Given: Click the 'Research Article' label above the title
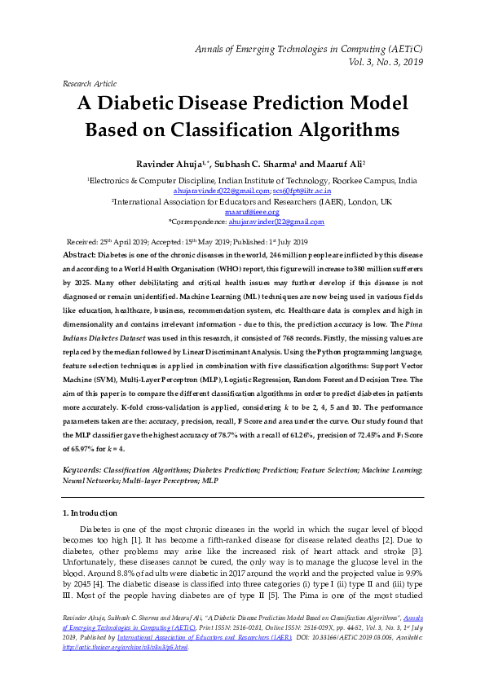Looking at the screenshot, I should [89, 83].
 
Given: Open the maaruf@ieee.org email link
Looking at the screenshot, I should [242, 211].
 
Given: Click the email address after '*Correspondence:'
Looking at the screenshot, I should [276, 221].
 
